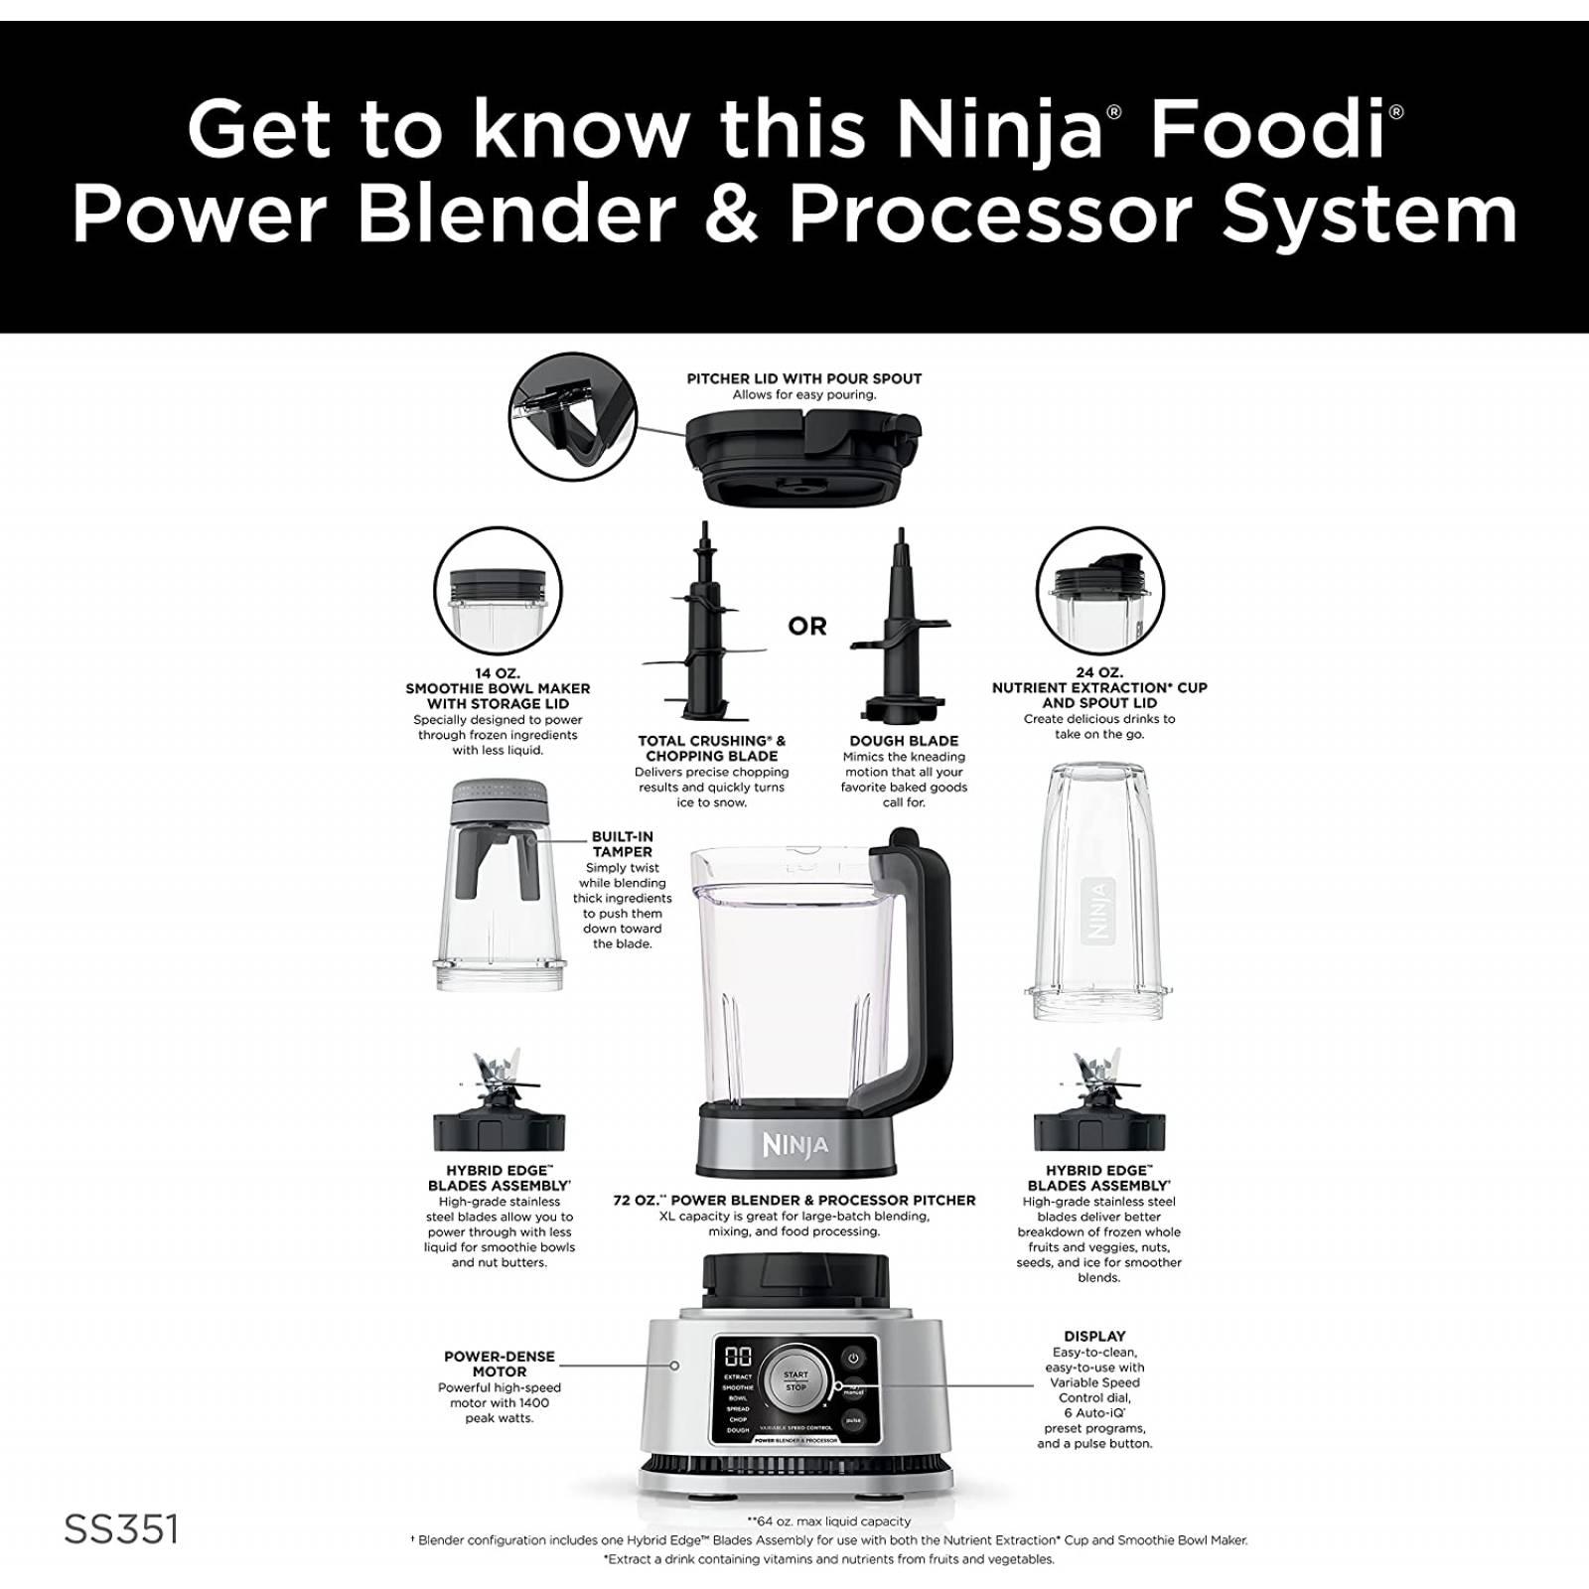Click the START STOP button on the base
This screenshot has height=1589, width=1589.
click(795, 1380)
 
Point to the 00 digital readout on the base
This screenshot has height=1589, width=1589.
click(739, 1357)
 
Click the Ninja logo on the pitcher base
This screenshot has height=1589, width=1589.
click(795, 1145)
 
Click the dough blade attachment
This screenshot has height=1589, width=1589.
click(902, 636)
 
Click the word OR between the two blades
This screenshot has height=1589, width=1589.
click(806, 627)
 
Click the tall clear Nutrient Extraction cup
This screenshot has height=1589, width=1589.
click(1099, 889)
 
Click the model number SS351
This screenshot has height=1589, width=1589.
click(121, 1529)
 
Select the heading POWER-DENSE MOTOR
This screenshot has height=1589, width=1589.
click(500, 1364)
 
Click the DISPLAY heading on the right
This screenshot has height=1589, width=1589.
click(1094, 1336)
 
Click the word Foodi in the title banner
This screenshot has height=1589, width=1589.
click(1266, 129)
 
